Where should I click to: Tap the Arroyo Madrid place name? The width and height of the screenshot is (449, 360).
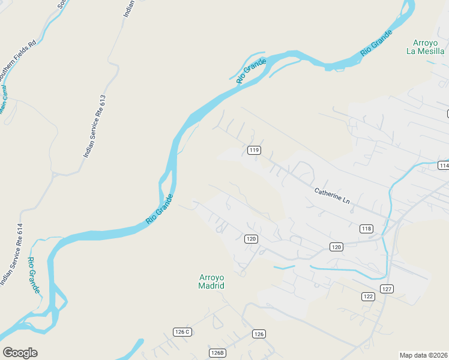pos(211,281)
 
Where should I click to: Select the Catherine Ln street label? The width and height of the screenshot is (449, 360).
pos(332,196)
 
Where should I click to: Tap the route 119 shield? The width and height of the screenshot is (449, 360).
pos(254,150)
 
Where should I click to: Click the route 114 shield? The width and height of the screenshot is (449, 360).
pos(444,166)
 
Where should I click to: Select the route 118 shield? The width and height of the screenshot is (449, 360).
pos(366,229)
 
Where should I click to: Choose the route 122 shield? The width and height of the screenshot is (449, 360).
pos(368,296)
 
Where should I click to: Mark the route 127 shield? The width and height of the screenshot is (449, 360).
pos(387,289)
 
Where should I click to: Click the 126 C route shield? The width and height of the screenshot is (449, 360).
pos(182,332)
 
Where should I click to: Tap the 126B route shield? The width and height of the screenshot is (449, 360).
pos(217,353)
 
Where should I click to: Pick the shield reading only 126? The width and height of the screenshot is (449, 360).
pos(259,334)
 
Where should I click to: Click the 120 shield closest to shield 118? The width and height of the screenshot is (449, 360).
pos(336,247)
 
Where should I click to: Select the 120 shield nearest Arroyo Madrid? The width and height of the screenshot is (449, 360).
pos(251,239)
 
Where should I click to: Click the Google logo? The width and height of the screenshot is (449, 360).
pos(20,353)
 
